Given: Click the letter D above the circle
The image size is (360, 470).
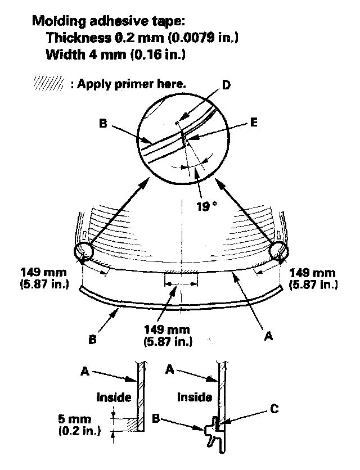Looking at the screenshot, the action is (226, 85).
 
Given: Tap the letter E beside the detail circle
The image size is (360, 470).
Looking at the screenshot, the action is (254, 122).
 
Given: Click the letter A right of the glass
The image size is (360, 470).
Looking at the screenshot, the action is (269, 336).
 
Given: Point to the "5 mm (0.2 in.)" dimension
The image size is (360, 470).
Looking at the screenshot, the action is (79, 426).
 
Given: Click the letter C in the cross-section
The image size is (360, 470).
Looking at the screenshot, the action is (273, 410).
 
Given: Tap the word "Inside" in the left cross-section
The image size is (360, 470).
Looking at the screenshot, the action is (114, 397).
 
